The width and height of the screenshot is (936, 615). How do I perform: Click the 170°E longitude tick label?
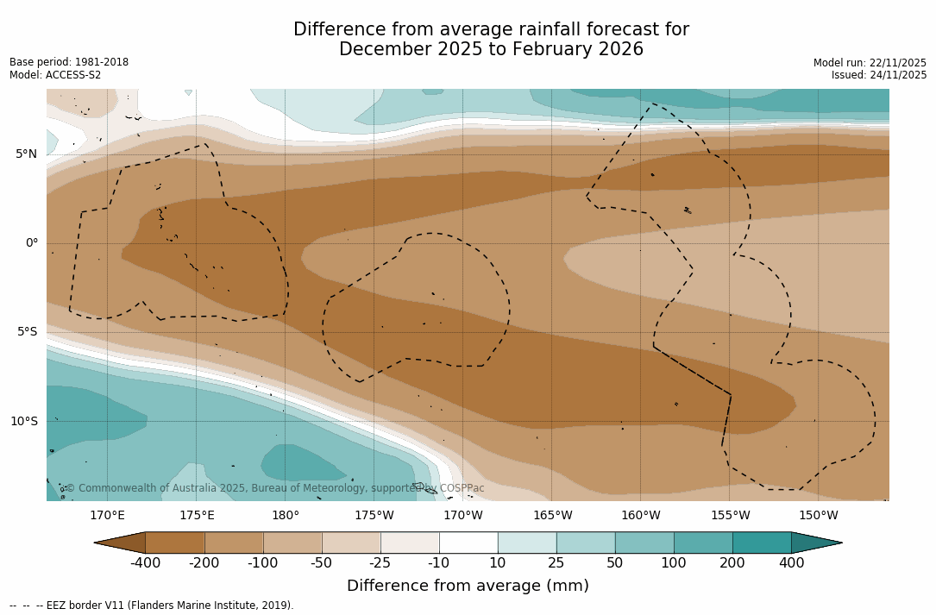point(108,516)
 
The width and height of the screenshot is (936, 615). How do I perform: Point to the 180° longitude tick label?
point(286,516)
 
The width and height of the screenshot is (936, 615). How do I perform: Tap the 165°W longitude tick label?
point(552,516)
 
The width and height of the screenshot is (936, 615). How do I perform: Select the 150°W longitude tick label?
point(818,516)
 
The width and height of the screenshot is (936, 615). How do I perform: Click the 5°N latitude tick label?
point(26,154)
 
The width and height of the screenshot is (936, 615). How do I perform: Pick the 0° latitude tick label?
point(31,243)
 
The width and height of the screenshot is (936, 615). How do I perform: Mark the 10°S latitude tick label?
point(23,422)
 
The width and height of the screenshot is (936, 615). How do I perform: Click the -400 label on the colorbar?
point(146,563)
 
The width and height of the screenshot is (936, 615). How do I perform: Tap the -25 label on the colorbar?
point(380,563)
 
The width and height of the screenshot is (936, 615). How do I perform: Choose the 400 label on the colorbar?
point(791,563)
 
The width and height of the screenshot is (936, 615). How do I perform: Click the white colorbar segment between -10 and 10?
point(468,543)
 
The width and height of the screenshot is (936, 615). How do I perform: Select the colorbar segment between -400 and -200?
point(175,543)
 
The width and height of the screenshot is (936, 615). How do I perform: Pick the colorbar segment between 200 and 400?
point(762,543)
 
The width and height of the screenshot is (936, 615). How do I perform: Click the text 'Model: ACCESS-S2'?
point(55,75)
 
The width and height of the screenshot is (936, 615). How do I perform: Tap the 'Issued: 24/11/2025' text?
point(879,75)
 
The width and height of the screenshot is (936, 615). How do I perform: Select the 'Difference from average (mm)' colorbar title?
point(468,587)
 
